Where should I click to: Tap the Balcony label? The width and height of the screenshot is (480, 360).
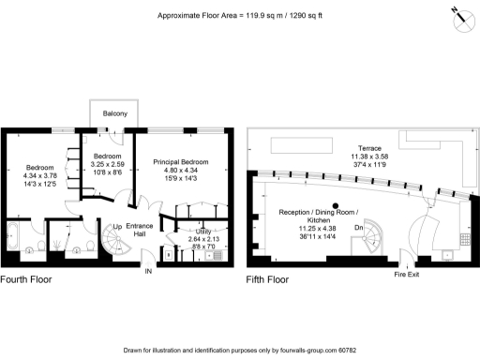coord(116,115)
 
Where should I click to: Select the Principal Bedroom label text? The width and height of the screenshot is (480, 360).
coord(180,161)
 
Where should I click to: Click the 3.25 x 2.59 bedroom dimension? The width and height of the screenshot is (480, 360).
coord(106,164)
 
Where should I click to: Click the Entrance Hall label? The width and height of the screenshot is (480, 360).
coord(140,231)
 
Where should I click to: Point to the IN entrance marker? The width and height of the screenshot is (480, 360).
coord(147,271)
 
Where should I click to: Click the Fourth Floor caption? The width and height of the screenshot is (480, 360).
coord(25,279)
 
